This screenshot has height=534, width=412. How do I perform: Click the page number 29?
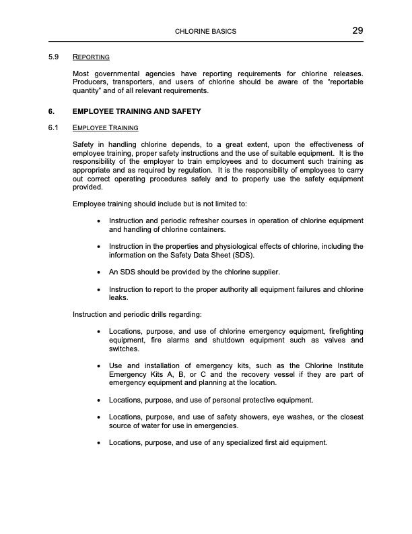pyautogui.click(x=357, y=30)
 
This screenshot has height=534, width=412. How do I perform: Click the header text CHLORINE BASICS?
pyautogui.click(x=205, y=32)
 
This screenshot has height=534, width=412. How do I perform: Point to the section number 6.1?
pyautogui.click(x=54, y=127)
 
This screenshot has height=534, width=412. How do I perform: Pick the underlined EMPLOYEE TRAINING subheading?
pyautogui.click(x=105, y=127)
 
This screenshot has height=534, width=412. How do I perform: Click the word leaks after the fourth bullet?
pyautogui.click(x=118, y=297)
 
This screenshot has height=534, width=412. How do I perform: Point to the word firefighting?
pyautogui.click(x=343, y=332)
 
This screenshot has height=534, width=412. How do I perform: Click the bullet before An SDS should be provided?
pyautogui.click(x=100, y=272)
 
